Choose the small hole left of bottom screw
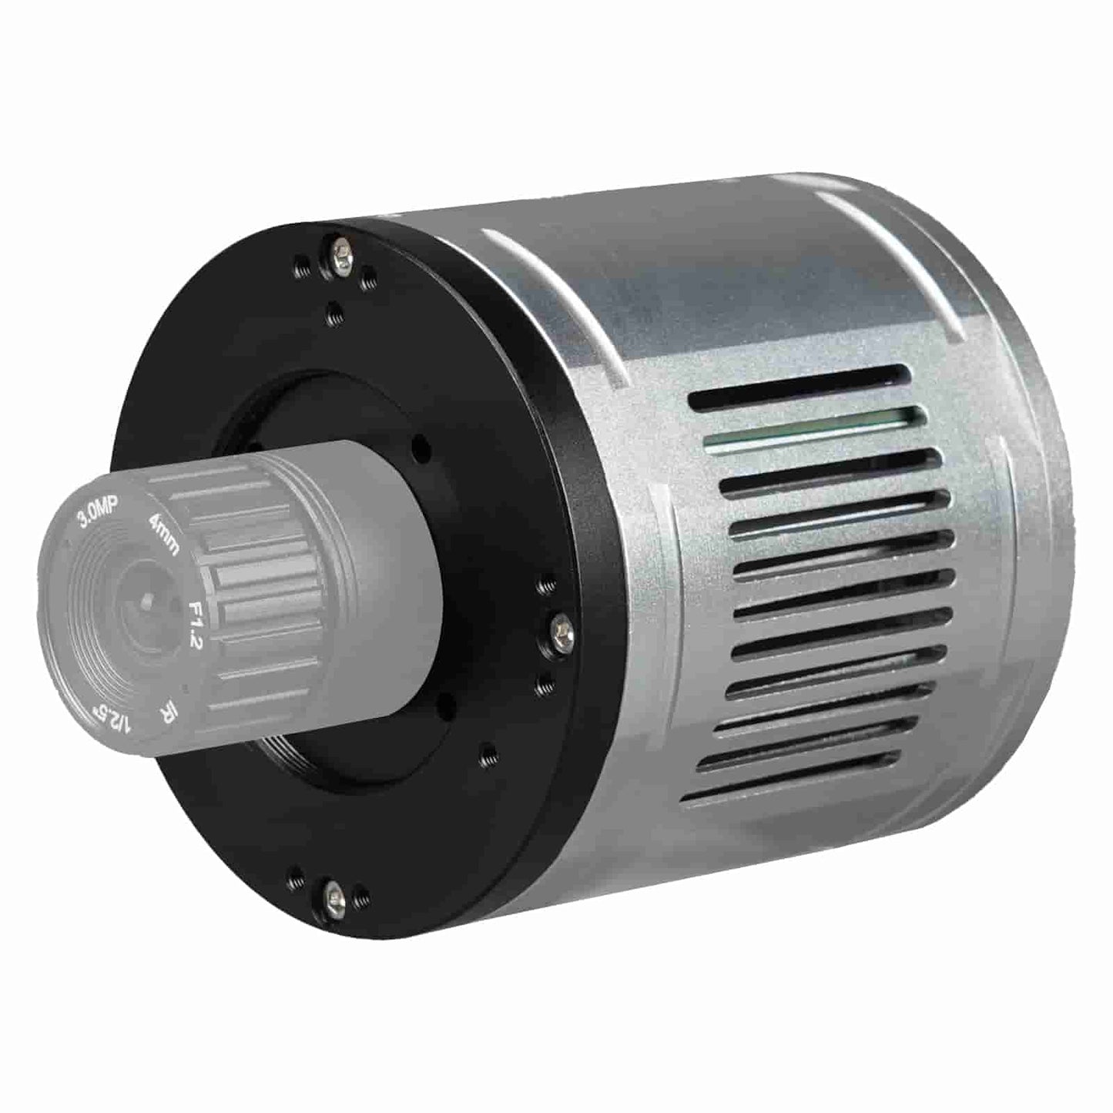295,874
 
